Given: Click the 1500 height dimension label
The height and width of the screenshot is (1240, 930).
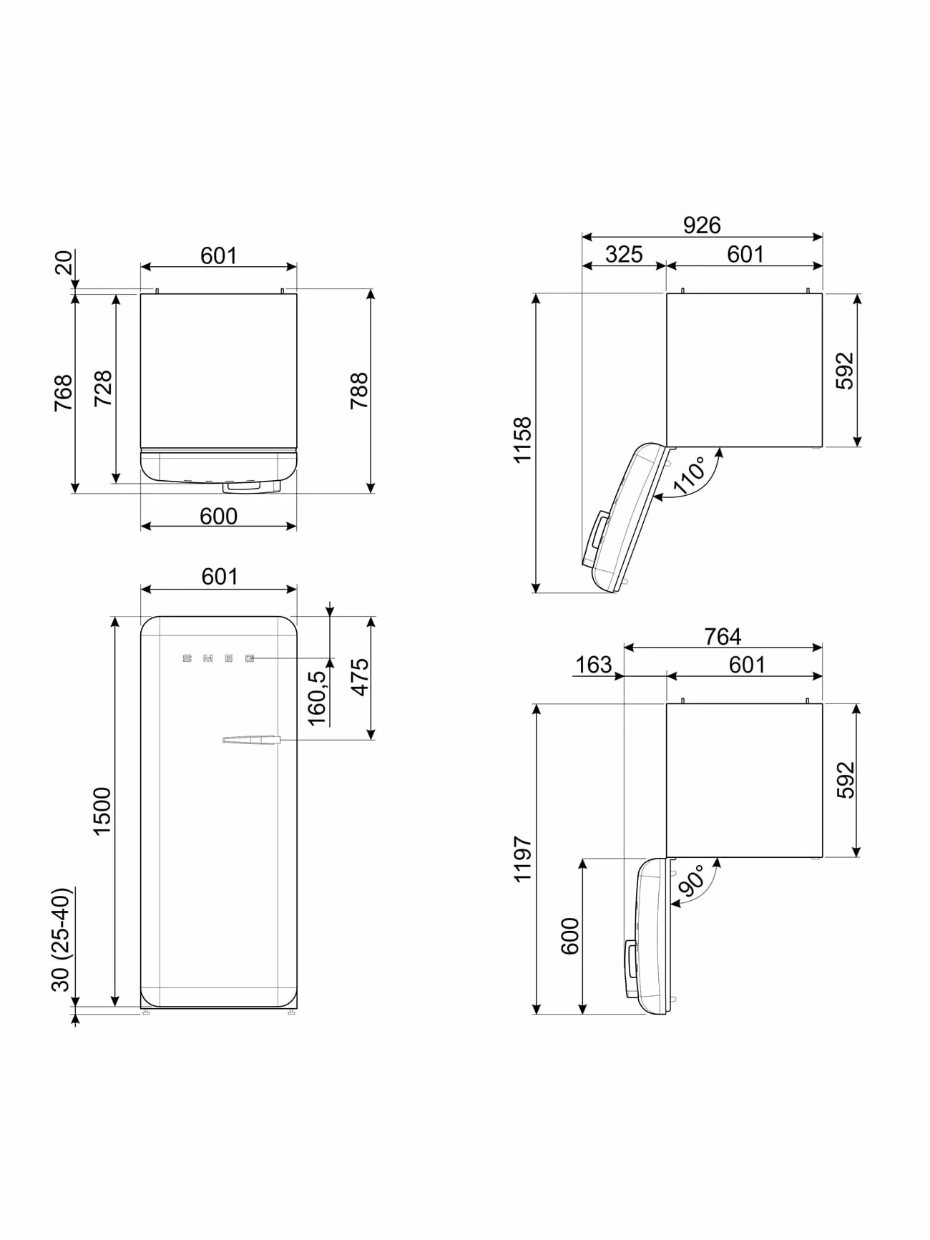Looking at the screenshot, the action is click(102, 810).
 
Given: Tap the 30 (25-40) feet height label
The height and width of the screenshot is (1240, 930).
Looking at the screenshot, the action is click(62, 939).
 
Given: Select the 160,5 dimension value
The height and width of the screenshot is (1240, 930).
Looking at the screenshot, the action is click(317, 698).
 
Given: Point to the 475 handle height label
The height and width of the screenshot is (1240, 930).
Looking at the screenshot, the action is click(359, 676).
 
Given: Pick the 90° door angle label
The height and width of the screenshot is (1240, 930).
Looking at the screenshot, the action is click(692, 880).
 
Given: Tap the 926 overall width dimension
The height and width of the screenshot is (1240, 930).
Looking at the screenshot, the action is click(701, 225).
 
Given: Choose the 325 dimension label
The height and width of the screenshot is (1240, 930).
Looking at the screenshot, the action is click(624, 254).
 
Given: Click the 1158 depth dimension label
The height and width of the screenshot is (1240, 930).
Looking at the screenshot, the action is click(523, 440).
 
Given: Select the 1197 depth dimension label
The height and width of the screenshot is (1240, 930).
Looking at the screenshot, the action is click(523, 859).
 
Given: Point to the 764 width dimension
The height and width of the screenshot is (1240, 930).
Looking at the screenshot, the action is click(723, 636).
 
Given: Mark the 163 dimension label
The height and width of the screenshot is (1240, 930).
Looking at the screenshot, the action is click(594, 665).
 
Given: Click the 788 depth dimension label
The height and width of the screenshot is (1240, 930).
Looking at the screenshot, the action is click(359, 391).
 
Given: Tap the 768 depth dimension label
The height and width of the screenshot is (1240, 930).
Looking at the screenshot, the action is click(64, 393).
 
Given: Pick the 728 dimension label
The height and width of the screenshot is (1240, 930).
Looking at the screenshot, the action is click(104, 389).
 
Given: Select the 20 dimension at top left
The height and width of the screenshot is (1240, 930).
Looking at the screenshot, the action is click(64, 263).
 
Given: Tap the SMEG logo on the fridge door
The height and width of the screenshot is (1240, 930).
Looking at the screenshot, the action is click(219, 658).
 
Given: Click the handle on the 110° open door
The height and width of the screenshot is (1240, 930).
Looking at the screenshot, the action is click(597, 532).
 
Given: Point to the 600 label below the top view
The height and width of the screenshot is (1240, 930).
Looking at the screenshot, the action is click(218, 516).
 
